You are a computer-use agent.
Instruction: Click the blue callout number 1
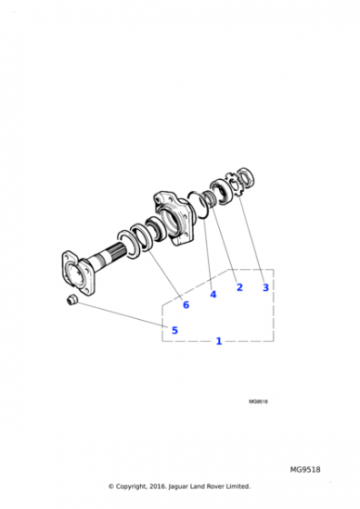(x=218, y=341)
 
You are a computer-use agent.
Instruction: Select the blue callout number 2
(x=239, y=287)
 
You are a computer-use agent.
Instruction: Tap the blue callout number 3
(x=265, y=287)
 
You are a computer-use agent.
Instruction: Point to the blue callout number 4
(x=213, y=294)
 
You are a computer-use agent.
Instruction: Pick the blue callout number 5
(x=175, y=330)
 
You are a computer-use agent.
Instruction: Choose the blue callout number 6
(x=185, y=304)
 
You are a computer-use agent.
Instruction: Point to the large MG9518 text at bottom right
(x=305, y=470)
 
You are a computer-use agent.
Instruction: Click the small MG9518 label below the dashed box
(x=258, y=401)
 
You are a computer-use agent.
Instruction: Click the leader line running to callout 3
(x=254, y=236)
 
